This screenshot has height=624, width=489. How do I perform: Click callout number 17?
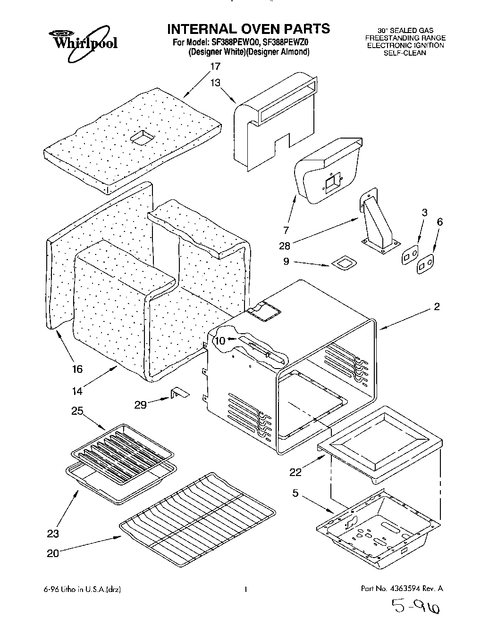215,66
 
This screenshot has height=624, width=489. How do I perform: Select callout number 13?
215,83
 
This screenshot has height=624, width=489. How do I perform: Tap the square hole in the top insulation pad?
142,137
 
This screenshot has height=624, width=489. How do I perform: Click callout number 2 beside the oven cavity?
437,307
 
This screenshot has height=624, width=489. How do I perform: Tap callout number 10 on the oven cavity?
220,340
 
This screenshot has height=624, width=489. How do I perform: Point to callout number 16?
77,369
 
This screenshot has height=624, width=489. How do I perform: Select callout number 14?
77,390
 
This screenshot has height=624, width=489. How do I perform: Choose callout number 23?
54,534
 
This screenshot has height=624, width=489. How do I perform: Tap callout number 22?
295,472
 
